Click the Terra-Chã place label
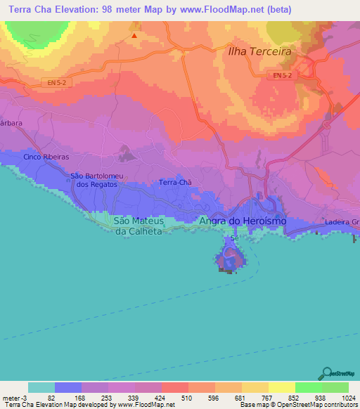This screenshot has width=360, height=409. [x=175, y=182]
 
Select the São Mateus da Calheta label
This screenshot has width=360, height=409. [x=139, y=225]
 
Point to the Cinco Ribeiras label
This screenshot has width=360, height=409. [x=46, y=157]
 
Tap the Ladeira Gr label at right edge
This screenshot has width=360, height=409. [x=342, y=222]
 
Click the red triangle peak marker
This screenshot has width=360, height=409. [x=134, y=34]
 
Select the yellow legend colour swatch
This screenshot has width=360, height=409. [x=281, y=388]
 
